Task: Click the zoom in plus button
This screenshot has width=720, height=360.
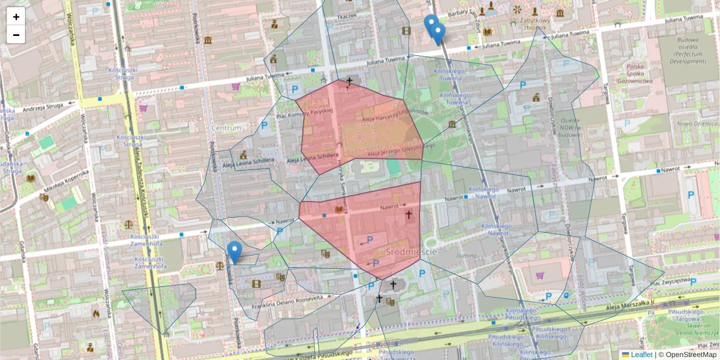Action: tap(16, 17)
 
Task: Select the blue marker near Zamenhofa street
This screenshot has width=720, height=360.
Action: tap(235, 251)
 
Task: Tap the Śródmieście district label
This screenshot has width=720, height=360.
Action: tap(412, 251)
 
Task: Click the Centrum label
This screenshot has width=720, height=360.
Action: tap(226, 128)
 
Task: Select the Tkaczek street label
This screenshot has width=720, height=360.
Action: tap(346, 16)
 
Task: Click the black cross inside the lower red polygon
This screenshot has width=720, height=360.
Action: tap(409, 214)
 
